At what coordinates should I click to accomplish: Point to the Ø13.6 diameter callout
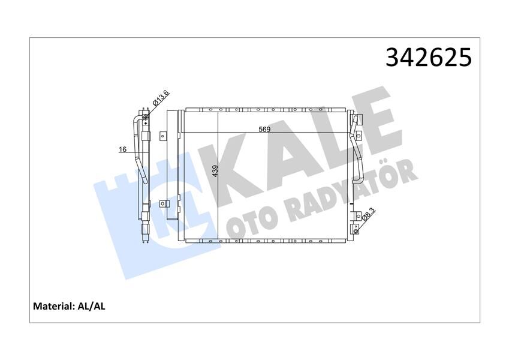(x=161, y=98)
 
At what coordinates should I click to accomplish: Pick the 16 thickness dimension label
(x=122, y=149)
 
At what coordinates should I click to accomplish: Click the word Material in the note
(x=52, y=306)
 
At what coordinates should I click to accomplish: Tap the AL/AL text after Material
(x=91, y=306)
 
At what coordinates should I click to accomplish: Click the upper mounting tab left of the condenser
(x=162, y=136)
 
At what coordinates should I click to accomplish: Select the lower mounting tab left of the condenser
(x=162, y=204)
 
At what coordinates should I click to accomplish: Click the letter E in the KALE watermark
(x=372, y=120)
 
